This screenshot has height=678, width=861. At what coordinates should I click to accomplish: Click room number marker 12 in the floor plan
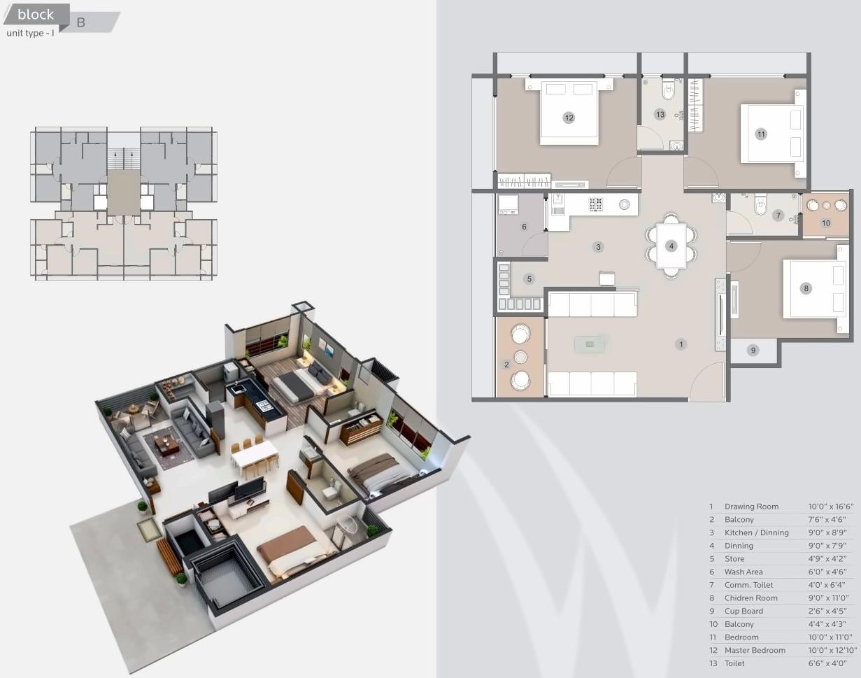(569, 118)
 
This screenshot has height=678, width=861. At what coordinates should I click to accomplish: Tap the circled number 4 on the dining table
(671, 246)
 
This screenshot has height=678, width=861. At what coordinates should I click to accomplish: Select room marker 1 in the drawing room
(680, 344)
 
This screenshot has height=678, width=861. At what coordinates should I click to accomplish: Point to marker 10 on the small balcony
(826, 223)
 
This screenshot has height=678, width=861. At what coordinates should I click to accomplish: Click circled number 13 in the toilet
(660, 114)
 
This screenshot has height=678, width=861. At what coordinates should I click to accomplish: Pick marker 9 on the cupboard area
(753, 350)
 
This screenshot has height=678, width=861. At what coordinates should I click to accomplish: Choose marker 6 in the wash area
(524, 227)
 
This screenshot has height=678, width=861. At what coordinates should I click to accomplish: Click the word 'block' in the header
(36, 15)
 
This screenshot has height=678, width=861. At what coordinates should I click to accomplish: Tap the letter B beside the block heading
(81, 22)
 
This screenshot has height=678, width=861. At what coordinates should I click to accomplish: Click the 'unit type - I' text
(30, 33)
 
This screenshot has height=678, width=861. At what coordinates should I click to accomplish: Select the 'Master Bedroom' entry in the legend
(755, 650)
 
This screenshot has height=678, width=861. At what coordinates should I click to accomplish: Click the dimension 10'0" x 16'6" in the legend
(831, 507)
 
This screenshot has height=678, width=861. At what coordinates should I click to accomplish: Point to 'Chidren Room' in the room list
(750, 598)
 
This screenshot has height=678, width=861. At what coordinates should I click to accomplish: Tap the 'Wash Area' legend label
(743, 572)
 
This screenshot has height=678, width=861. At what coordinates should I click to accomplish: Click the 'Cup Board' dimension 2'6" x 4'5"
(829, 611)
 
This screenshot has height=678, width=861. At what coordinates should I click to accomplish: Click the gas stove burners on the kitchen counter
(596, 204)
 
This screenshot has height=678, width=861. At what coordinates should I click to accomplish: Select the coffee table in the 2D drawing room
(590, 344)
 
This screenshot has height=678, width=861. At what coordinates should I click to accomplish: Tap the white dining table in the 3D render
(255, 456)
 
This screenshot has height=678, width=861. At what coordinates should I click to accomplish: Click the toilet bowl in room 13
(668, 90)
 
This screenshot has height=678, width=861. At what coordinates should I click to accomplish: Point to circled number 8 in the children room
(806, 288)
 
